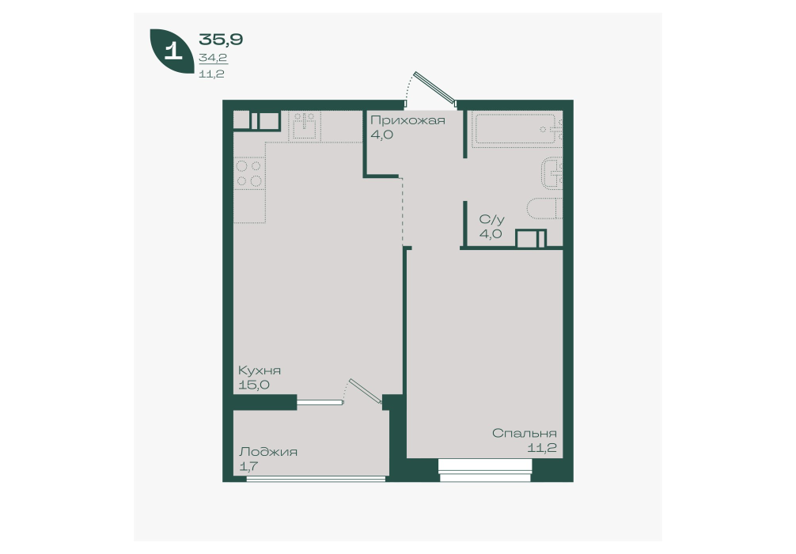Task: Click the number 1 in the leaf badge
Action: pos(173,51)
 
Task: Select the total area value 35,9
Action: pos(221,39)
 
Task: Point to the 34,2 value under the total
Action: pos(213,58)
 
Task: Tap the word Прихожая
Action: pos(407,120)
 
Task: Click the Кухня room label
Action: pos(260,370)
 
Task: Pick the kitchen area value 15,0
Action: pos(254,385)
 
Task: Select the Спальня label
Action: pos(525,433)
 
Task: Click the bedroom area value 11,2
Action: pos(542,448)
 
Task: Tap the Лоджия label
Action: pos(268,452)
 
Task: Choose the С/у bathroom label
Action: pos(492,219)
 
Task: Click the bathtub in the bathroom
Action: pos(516,129)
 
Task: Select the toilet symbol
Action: pos(544,208)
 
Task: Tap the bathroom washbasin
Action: pos(552,173)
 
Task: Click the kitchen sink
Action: pos(305,125)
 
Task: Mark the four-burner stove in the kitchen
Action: pos(249,173)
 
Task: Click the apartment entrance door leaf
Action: pos(435,88)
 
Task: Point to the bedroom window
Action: pos(485,470)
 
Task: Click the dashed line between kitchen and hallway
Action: pos(403,211)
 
